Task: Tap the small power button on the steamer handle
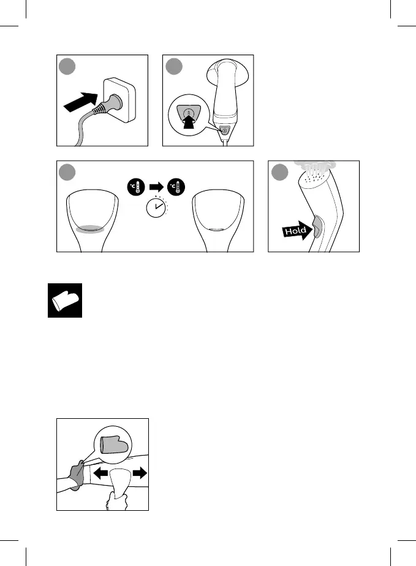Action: pyautogui.click(x=225, y=130)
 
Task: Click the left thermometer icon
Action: pyautogui.click(x=136, y=188)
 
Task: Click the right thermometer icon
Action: pyautogui.click(x=175, y=188)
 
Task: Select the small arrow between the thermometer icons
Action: pyautogui.click(x=156, y=188)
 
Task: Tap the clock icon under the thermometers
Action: pyautogui.click(x=156, y=210)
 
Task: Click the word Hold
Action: pyautogui.click(x=295, y=231)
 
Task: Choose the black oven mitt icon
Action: pyautogui.click(x=64, y=301)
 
